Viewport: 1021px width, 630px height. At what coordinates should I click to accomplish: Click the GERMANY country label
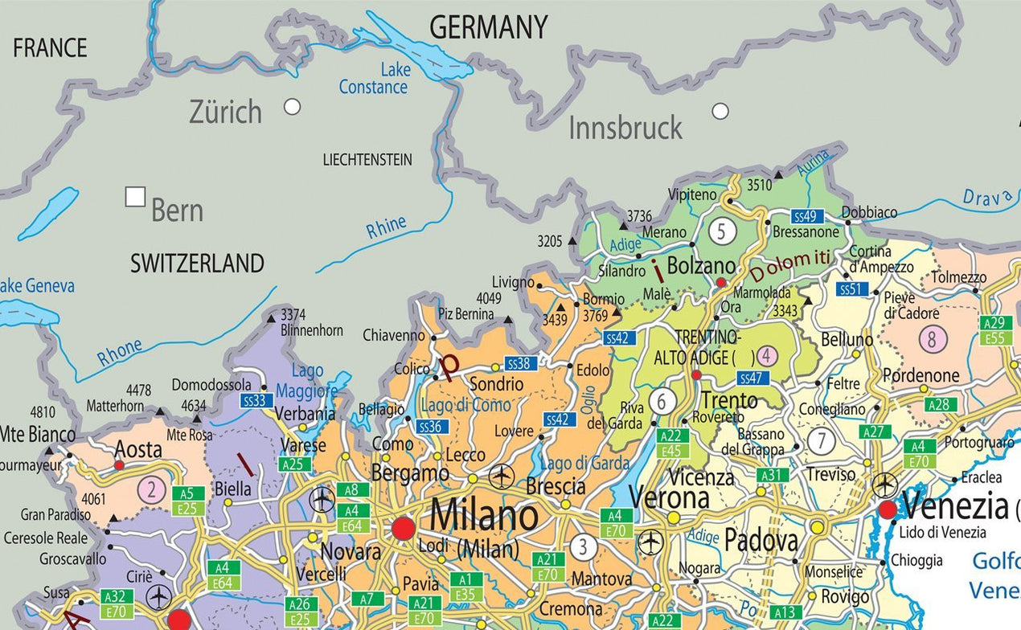[x=488, y=27]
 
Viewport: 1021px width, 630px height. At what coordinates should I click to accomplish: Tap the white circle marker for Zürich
[x=292, y=106]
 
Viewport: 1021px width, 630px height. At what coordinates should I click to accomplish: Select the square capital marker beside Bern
[x=135, y=197]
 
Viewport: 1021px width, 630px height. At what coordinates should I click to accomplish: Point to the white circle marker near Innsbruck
[x=720, y=111]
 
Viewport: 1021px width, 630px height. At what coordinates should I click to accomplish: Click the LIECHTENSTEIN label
[x=367, y=159]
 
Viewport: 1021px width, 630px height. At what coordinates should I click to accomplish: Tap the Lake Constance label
[x=374, y=79]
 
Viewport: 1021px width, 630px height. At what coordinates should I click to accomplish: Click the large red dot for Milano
[x=404, y=529]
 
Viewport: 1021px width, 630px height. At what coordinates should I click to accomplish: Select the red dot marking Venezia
[x=888, y=509]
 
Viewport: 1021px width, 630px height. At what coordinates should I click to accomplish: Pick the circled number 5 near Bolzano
[x=722, y=231]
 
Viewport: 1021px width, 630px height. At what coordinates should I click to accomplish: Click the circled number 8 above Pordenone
[x=932, y=340]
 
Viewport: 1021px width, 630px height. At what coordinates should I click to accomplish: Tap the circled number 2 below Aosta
[x=150, y=489]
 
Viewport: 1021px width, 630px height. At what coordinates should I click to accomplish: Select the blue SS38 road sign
[x=521, y=364]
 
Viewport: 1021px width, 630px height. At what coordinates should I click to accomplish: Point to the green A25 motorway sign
[x=294, y=464]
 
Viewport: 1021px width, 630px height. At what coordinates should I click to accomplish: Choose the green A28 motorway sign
[x=940, y=404]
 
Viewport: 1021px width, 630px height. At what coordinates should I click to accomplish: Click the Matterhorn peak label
[x=115, y=406]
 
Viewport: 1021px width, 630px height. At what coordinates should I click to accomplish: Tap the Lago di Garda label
[x=584, y=463]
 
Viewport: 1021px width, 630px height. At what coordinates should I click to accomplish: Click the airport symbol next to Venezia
[x=884, y=485]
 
